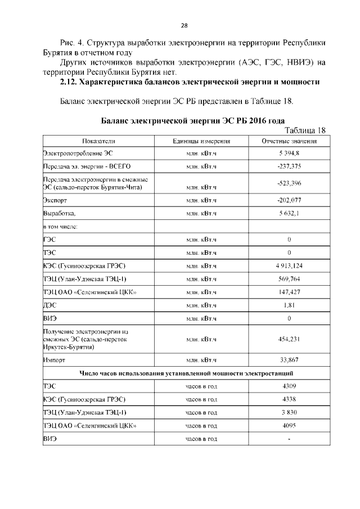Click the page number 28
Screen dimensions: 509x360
coord(184,25)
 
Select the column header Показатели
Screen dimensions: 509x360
coord(98,141)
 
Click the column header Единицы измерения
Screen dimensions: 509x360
coord(201,141)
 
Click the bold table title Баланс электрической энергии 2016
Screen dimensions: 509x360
coord(192,120)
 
